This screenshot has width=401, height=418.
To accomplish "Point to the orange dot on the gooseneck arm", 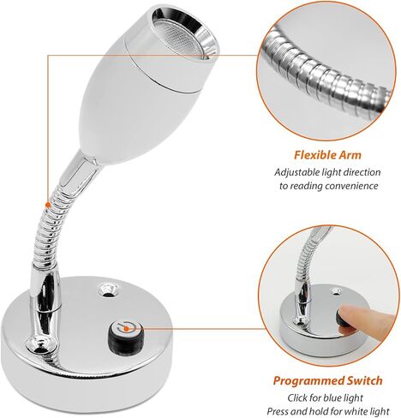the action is coord(48,205).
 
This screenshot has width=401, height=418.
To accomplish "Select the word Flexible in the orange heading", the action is coord(315,155).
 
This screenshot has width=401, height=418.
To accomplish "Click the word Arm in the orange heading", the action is coord(350,155).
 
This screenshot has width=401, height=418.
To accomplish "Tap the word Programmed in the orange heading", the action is coord(308,380).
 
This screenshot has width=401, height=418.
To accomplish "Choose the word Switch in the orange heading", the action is coord(365,380).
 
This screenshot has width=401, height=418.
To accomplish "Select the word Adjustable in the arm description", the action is coord(296,173).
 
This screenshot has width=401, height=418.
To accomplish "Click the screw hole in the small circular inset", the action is coord(336,291).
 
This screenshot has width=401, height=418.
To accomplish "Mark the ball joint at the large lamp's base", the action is coord(39,345).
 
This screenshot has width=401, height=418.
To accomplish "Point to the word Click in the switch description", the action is coord(297,397).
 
